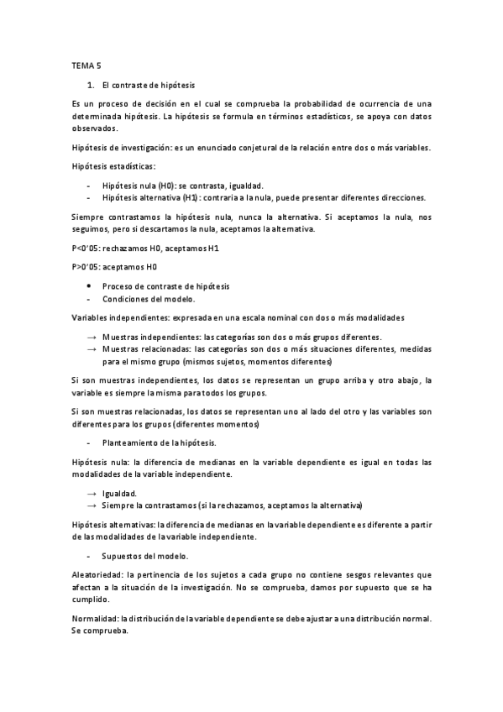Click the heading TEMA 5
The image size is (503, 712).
click(x=87, y=65)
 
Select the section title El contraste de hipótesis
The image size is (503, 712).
click(x=148, y=85)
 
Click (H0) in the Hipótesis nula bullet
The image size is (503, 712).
click(x=164, y=185)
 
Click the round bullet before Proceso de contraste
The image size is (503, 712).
click(x=89, y=286)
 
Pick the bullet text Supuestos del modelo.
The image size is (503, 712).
click(x=144, y=557)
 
